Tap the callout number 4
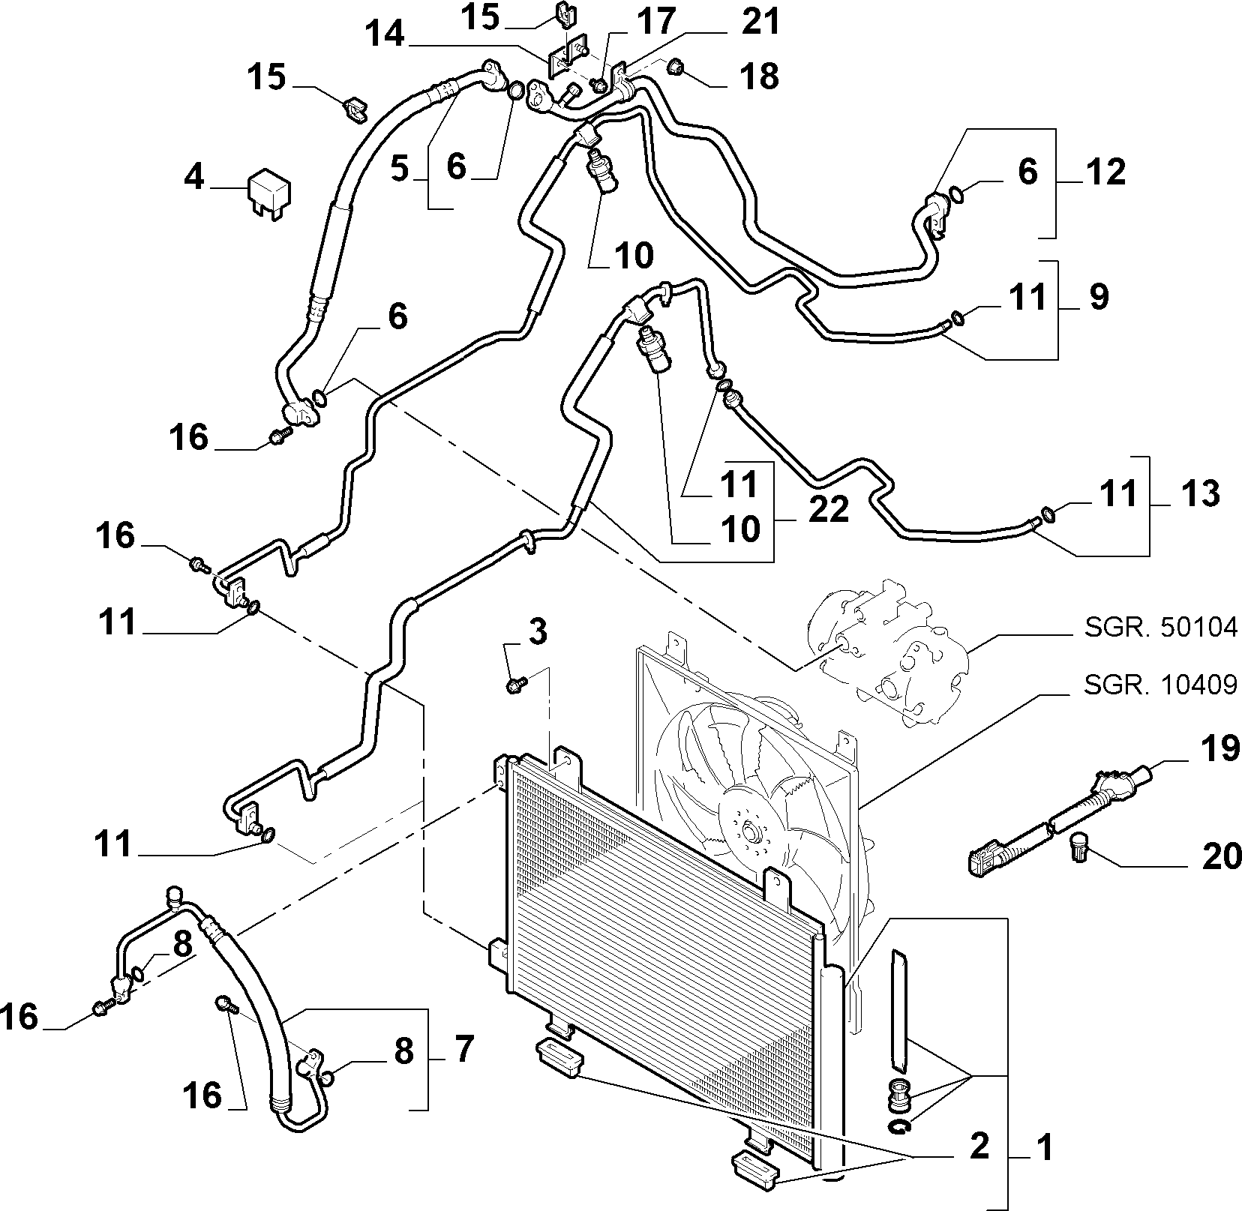(193, 178)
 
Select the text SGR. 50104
(1159, 628)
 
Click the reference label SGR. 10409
(1159, 685)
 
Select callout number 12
(1105, 172)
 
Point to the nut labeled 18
(676, 70)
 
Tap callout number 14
(386, 34)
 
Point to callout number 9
(1098, 298)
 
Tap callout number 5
(399, 169)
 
